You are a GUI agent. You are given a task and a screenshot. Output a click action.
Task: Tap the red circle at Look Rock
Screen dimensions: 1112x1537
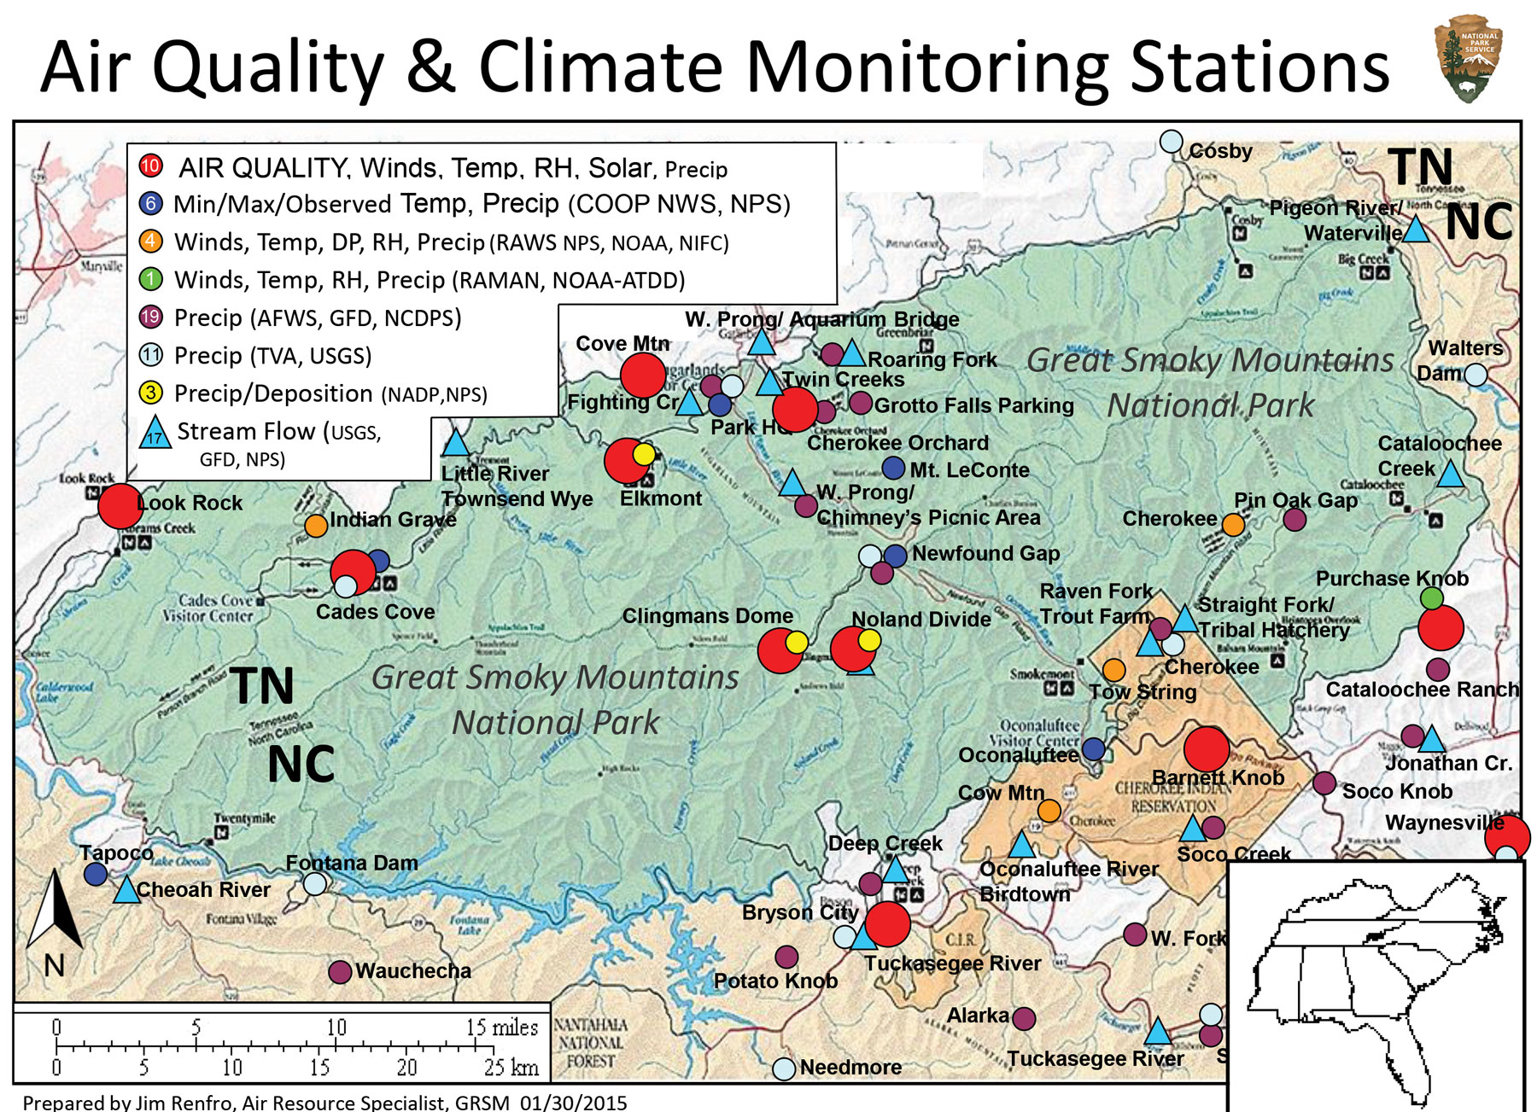click(120, 506)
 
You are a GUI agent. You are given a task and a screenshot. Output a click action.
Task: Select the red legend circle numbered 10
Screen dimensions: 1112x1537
click(151, 166)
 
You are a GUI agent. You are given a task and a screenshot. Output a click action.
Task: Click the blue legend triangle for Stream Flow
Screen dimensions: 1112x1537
click(155, 433)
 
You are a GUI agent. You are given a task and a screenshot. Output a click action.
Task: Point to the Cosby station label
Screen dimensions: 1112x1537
click(1220, 151)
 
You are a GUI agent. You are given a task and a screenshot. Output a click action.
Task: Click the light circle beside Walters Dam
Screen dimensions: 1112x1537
click(1476, 375)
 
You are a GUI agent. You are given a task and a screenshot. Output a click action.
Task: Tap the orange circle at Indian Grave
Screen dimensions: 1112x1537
click(316, 525)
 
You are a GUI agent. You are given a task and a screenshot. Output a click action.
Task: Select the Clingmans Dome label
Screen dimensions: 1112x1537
click(707, 616)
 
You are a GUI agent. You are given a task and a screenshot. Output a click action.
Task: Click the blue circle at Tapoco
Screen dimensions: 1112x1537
click(96, 873)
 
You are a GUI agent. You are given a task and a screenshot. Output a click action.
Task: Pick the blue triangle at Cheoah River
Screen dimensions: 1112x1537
click(126, 891)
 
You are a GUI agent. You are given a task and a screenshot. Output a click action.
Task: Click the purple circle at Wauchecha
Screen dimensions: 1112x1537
click(340, 971)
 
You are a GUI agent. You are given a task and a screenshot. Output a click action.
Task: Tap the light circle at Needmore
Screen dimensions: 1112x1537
click(783, 1068)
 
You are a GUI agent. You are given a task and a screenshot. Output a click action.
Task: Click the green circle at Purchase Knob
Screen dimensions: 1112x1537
click(1431, 597)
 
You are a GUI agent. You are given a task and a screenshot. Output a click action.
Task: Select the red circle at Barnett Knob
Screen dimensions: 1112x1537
click(1206, 749)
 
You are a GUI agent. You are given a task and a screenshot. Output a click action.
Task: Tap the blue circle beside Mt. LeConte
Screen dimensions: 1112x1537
click(892, 468)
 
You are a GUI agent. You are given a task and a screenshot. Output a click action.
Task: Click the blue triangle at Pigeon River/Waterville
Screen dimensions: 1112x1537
click(1416, 230)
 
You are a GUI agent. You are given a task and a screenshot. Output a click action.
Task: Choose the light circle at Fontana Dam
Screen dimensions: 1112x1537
click(315, 883)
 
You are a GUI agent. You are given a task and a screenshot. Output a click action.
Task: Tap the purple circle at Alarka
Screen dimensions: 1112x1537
click(1024, 1017)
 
